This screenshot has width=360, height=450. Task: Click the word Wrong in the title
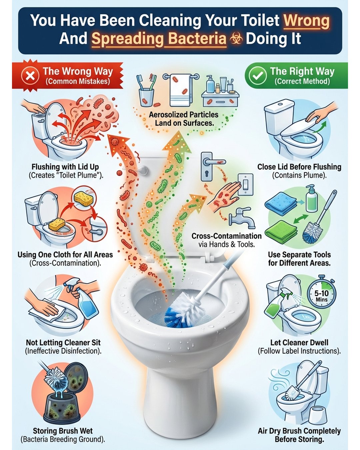pyautogui.click(x=306, y=21)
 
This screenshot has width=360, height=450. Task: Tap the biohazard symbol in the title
pyautogui.click(x=236, y=39)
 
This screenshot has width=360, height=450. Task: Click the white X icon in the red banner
pyautogui.click(x=30, y=76)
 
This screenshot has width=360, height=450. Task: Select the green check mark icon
pyautogui.click(x=258, y=75)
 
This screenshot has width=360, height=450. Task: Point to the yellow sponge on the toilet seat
pyautogui.click(x=57, y=224)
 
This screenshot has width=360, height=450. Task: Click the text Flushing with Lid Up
pyautogui.click(x=65, y=167)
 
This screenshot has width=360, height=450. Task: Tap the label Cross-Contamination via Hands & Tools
pyautogui.click(x=227, y=240)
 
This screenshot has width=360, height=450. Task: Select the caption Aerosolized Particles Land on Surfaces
pyautogui.click(x=184, y=119)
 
